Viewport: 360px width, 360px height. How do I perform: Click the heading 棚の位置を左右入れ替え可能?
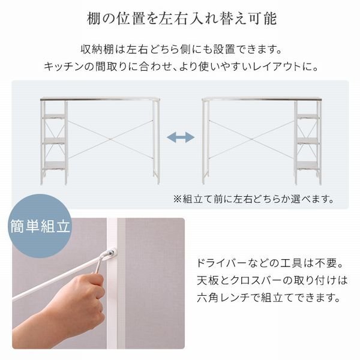coord(180,19)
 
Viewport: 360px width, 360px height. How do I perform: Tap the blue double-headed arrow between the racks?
coord(181,138)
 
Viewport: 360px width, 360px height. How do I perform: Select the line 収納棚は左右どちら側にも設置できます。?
coord(180,49)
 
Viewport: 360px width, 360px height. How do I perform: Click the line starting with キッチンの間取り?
coord(180,66)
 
